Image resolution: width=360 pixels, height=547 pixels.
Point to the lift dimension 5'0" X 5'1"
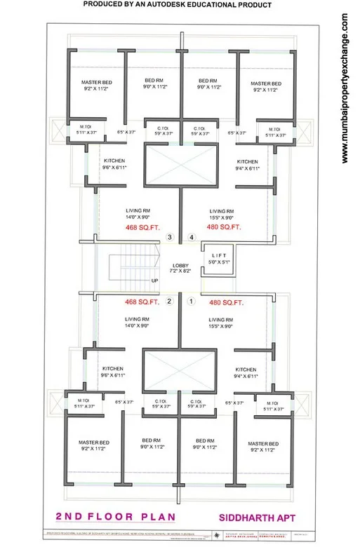[x=218, y=262]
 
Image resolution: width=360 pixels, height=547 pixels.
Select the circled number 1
[x=190, y=302]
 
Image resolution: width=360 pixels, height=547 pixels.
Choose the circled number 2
[x=168, y=302]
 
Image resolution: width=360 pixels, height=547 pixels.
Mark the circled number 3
[x=169, y=238]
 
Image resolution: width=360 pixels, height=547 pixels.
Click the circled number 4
[x=191, y=238]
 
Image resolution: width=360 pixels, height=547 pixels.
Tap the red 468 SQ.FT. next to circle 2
[x=140, y=302]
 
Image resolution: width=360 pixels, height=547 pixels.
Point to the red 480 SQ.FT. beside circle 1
[x=226, y=302]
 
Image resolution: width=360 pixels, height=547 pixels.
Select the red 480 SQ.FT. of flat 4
[x=225, y=227]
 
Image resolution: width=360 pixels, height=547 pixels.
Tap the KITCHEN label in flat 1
[x=246, y=369]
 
